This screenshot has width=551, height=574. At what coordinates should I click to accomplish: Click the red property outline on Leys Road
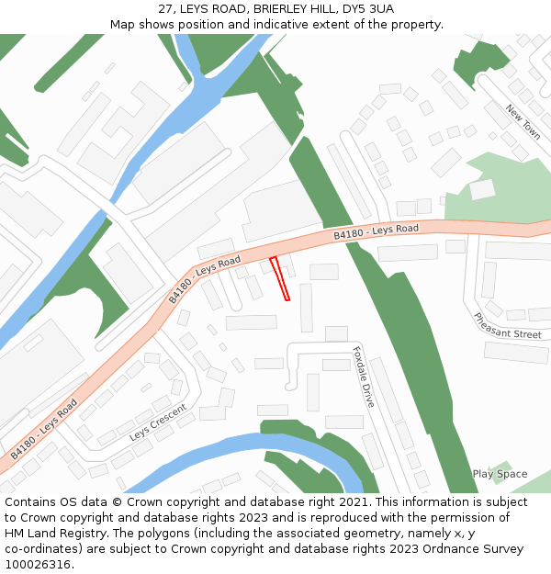pos(280,278)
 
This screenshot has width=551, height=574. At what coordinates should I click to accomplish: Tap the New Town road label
pos(523,122)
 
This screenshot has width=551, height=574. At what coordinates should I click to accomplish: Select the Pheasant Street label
pos(508,326)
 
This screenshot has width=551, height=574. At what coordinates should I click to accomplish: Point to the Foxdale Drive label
pos(364,377)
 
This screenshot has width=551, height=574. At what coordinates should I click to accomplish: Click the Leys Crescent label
pos(158,422)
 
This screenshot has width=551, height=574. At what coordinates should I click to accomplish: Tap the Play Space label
pos(500,474)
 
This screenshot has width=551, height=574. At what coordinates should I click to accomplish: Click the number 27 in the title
pos(165,9)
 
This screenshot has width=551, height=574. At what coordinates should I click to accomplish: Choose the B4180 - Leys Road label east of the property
pos(376,232)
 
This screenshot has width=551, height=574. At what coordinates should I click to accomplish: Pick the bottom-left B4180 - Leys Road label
pos(43,429)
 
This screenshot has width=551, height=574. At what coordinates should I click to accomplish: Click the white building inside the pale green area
pos(482,189)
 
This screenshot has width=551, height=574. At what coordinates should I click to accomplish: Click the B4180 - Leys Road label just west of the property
pos(204,280)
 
